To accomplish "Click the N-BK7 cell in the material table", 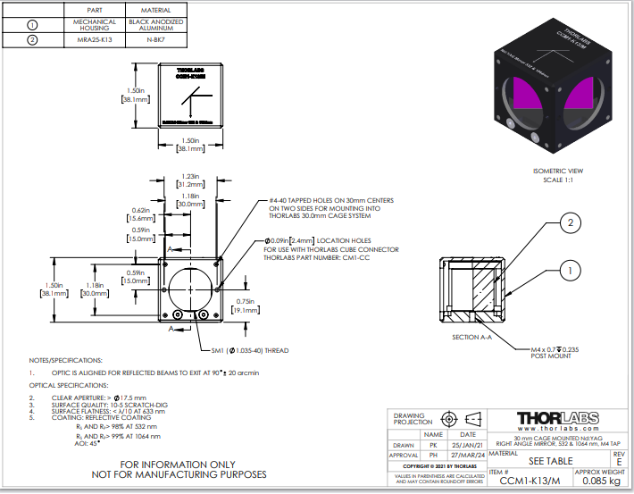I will tap(162, 39).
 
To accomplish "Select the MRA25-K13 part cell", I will tap(96, 39).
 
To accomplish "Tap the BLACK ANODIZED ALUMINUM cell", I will tap(162, 23).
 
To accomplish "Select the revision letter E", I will tap(618, 461).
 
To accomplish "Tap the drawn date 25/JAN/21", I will tap(467, 444).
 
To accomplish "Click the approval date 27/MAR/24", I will tap(467, 454).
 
